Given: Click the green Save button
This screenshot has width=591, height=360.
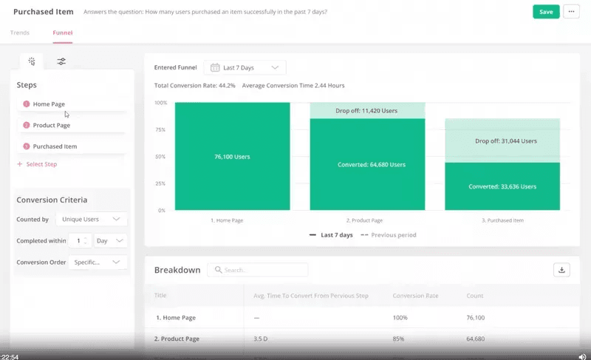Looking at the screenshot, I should coord(546,12).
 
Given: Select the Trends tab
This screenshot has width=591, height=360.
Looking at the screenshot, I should coord(20,33).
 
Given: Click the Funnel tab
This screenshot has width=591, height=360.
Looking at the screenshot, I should coord(62,33).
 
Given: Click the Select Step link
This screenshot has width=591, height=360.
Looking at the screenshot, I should coord(41,164).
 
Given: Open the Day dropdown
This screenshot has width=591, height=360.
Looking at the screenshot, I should coord(110,241).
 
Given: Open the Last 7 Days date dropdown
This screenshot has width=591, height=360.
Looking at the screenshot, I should coord(245,68).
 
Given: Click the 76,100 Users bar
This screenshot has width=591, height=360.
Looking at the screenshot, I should coord(232,157).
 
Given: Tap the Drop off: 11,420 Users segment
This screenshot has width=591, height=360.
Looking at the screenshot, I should coord(367,111).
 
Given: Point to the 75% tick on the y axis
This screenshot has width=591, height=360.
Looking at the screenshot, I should coord(160,129).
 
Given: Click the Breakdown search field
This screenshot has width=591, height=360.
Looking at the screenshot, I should coord(258,270).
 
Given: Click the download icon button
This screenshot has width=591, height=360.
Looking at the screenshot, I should coord(561,270).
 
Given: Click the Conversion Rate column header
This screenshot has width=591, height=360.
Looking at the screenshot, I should coord(416,296).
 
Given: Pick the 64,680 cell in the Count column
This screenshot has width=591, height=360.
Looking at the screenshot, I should coord(476,339).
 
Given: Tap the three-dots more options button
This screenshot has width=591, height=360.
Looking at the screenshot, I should coord(570,12).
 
